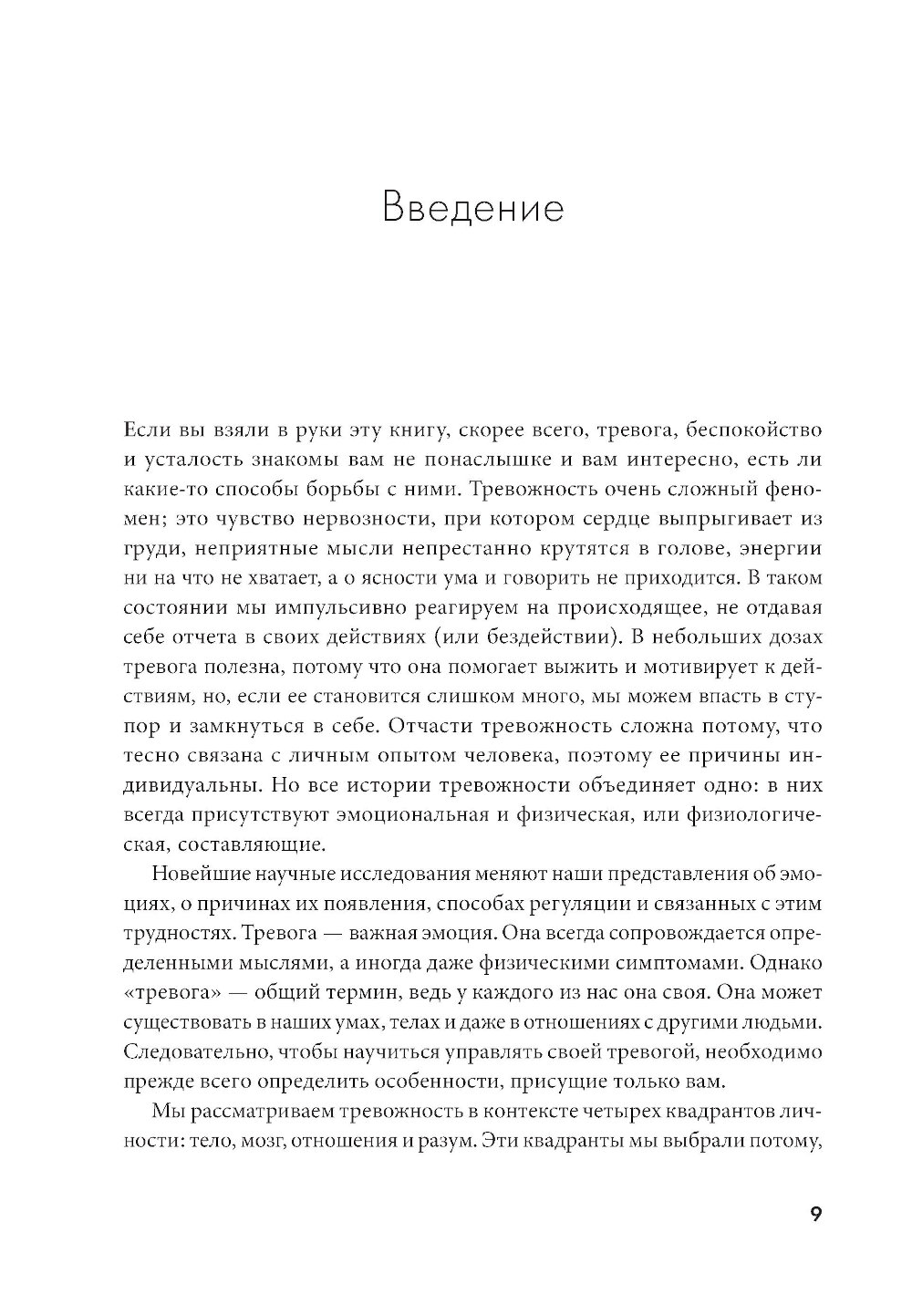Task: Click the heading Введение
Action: point(473,208)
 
